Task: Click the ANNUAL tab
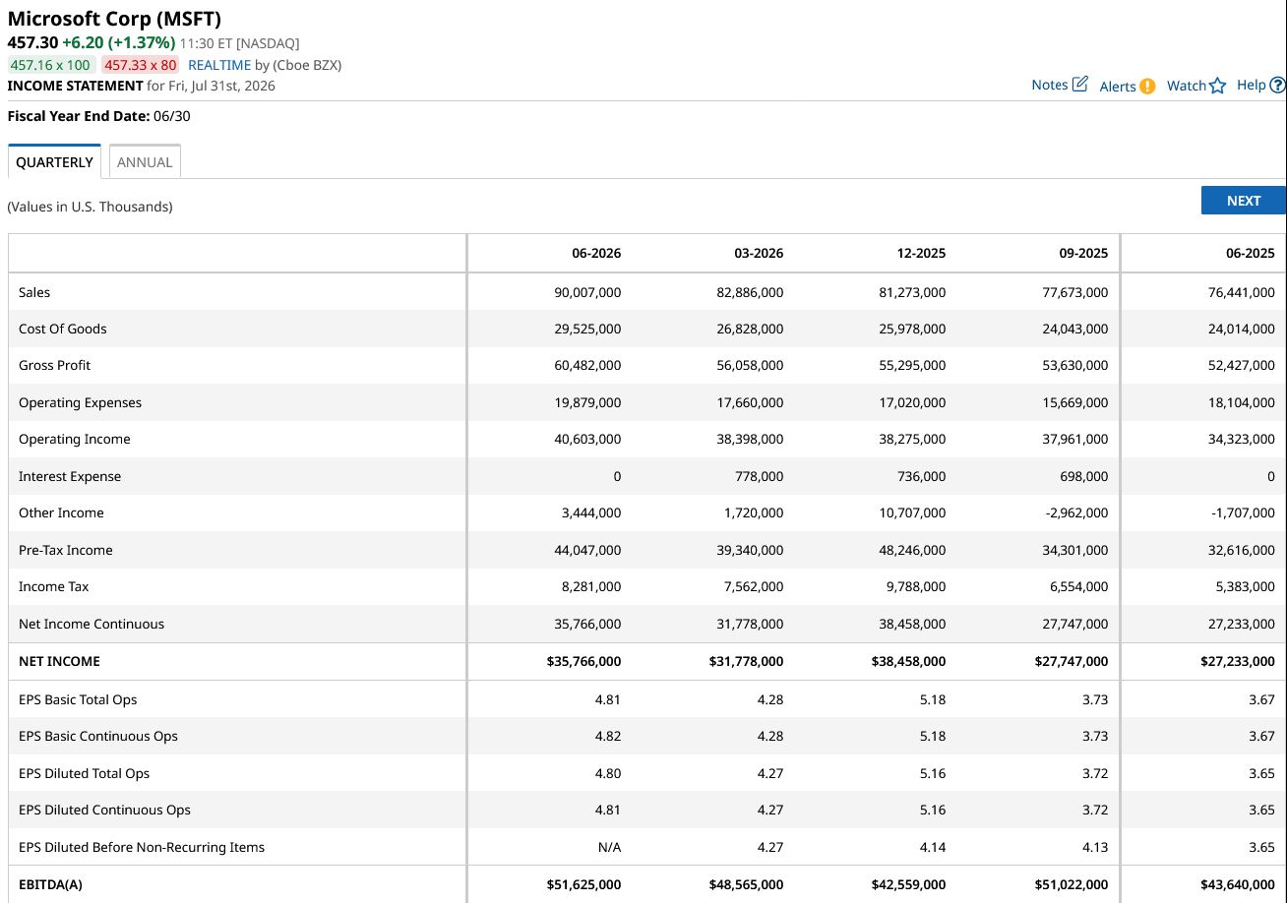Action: click(145, 162)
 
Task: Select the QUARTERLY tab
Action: click(54, 162)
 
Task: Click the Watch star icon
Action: click(1217, 87)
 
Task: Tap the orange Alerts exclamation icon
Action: click(1147, 87)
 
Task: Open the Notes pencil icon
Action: click(1079, 84)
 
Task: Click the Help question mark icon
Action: click(1277, 85)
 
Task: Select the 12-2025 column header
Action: click(921, 254)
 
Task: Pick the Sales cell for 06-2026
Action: click(587, 292)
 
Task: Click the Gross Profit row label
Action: click(54, 365)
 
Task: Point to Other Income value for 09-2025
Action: click(1076, 512)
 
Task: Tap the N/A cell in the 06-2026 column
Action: click(609, 847)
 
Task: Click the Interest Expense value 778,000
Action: click(759, 476)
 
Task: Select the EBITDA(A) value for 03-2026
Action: click(746, 884)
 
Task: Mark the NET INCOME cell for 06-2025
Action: click(1237, 662)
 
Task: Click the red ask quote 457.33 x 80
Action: click(140, 65)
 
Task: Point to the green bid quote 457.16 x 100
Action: click(50, 65)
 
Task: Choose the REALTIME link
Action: click(219, 65)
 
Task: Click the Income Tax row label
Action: click(53, 586)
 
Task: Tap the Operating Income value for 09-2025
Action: click(1075, 440)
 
